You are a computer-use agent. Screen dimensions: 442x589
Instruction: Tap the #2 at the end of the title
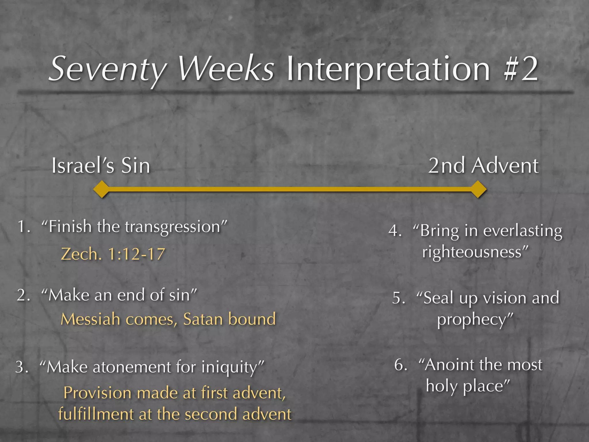[x=521, y=69]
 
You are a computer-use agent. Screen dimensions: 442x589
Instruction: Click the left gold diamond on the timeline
[x=101, y=189]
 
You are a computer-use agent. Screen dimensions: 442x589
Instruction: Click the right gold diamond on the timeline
[x=478, y=189]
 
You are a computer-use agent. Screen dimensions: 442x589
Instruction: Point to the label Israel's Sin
[x=101, y=166]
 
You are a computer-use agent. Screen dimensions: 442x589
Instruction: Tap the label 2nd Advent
[x=483, y=166]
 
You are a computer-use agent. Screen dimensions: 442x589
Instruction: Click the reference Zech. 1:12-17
[x=113, y=254]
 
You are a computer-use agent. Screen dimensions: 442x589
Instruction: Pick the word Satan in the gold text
[x=201, y=319]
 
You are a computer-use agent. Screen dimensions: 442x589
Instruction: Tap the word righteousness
[x=472, y=252]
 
